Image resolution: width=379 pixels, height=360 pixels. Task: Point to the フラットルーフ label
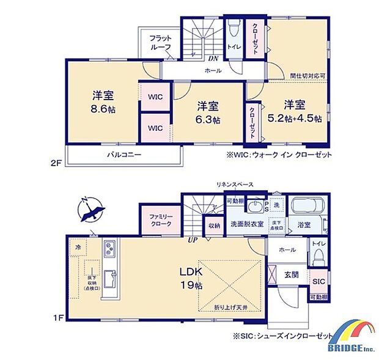161,43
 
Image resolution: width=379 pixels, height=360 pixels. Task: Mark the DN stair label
213,58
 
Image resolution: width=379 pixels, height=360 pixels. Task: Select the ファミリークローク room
158,219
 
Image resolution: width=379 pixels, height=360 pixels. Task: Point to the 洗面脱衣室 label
247,224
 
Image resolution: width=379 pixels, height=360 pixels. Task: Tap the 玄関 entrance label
291,275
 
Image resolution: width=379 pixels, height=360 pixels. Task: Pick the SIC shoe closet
318,282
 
